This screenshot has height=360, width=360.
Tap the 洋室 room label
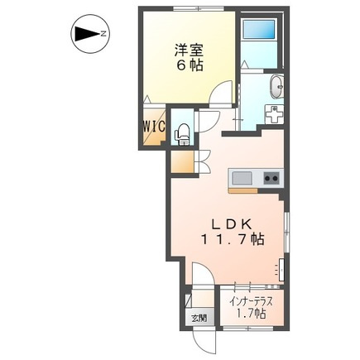click(x=189, y=50)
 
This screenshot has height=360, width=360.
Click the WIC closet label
click(x=154, y=127)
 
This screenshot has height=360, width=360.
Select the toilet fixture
click(x=182, y=134)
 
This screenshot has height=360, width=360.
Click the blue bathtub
click(x=258, y=29)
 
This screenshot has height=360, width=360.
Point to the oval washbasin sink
click(x=276, y=86)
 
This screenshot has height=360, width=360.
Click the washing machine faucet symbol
click(x=274, y=114)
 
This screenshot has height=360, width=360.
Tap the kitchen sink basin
click(x=242, y=179)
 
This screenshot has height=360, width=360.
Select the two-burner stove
click(x=271, y=178)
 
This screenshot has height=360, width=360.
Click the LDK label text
click(x=231, y=225)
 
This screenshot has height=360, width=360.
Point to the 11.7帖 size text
click(x=233, y=239)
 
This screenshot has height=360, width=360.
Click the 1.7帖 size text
click(x=251, y=314)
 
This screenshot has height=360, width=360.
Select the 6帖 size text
click(x=190, y=65)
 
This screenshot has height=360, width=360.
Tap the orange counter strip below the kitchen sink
click(x=242, y=190)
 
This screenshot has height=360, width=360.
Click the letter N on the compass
click(x=103, y=34)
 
